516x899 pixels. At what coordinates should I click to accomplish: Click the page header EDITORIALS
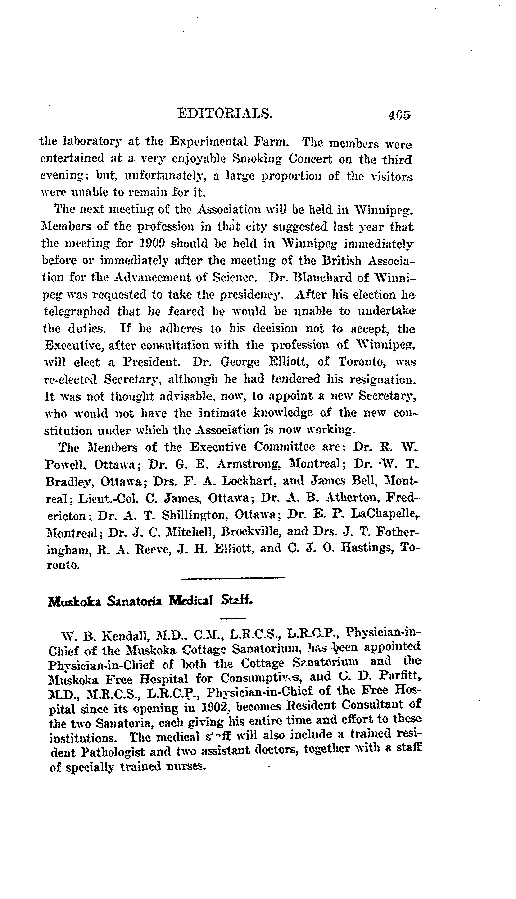point(225,113)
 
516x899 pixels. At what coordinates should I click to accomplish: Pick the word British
point(343,261)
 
